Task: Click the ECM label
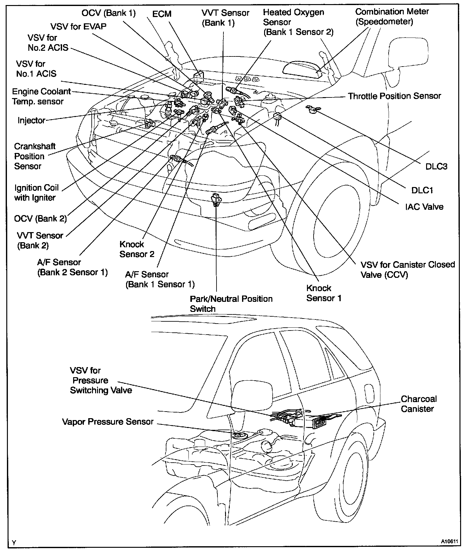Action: point(162,14)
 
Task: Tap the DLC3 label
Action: point(436,167)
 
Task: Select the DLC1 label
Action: point(422,190)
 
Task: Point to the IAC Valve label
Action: point(424,207)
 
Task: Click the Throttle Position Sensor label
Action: point(394,96)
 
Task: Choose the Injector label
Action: point(32,120)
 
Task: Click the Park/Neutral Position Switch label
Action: point(231,304)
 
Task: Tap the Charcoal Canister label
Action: point(419,404)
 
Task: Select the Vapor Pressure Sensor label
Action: point(108,422)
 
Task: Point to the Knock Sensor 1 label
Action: point(324,293)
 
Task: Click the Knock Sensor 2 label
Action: point(137,249)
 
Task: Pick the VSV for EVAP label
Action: point(78,26)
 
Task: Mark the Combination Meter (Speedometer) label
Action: point(392,17)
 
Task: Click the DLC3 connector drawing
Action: point(313,109)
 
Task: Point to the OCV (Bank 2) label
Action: point(40,219)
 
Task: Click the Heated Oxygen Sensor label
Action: point(298,22)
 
